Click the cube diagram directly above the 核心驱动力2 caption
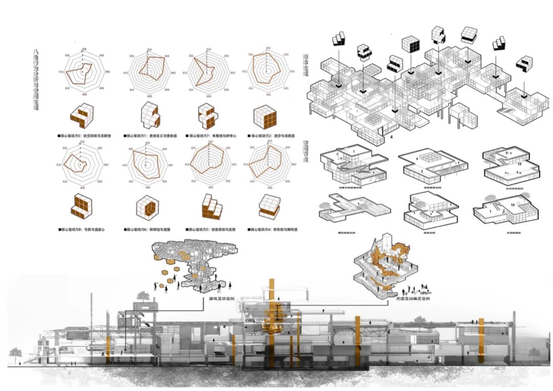265,116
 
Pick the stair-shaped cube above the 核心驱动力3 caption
209,207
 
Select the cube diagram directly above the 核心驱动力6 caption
146,207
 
